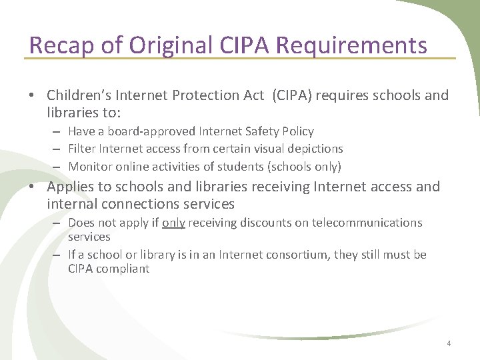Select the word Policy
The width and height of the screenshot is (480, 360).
click(x=298, y=131)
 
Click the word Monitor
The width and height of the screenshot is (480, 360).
click(x=89, y=166)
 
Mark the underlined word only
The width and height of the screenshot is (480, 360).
click(x=173, y=223)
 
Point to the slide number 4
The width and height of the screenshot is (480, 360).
click(x=449, y=343)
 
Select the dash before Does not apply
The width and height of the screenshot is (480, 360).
click(x=59, y=223)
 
